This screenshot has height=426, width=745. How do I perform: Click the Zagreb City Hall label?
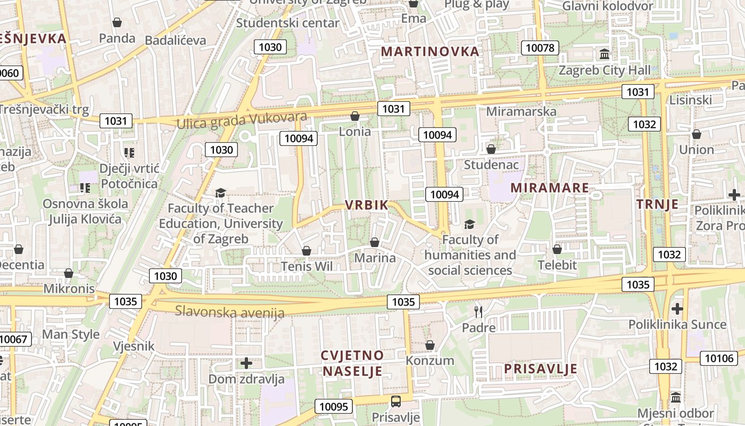pyautogui.click(x=604, y=70)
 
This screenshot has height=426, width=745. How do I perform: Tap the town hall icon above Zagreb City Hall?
pyautogui.click(x=605, y=54)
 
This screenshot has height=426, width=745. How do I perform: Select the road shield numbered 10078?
pyautogui.click(x=540, y=48)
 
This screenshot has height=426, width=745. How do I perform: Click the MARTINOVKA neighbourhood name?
pyautogui.click(x=431, y=52)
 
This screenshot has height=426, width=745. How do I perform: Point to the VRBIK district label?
pyautogui.click(x=367, y=205)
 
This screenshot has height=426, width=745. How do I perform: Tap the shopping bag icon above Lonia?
pyautogui.click(x=355, y=116)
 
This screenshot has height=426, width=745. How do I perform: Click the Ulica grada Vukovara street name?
pyautogui.click(x=242, y=120)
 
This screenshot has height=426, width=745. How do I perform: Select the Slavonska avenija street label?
pyautogui.click(x=230, y=312)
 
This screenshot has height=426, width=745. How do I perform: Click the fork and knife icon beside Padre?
pyautogui.click(x=478, y=312)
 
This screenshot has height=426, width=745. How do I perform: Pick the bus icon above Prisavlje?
pyautogui.click(x=395, y=401)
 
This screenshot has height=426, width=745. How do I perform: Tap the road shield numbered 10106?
pyautogui.click(x=718, y=358)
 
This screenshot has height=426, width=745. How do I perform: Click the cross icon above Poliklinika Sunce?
pyautogui.click(x=677, y=308)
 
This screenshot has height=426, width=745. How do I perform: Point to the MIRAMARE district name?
pyautogui.click(x=550, y=188)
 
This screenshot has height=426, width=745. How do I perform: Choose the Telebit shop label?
pyautogui.click(x=557, y=265)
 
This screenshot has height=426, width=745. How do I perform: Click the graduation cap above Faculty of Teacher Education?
pyautogui.click(x=220, y=193)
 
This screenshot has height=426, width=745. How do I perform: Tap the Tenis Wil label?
pyautogui.click(x=307, y=266)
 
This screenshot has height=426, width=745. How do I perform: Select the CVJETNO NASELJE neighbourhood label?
pyautogui.click(x=352, y=363)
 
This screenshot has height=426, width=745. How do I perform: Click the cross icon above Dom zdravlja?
pyautogui.click(x=246, y=363)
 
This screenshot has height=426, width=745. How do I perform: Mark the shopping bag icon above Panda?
pyautogui.click(x=117, y=22)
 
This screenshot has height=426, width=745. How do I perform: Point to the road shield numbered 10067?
pyautogui.click(x=14, y=339)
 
